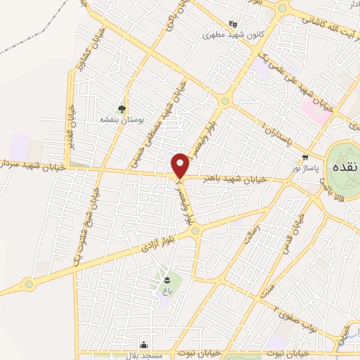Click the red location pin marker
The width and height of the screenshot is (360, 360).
(x=181, y=166)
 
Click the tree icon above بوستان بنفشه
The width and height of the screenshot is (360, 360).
(x=122, y=108)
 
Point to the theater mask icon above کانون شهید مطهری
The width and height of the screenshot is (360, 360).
(x=224, y=22)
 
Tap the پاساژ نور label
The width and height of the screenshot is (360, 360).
(x=304, y=169)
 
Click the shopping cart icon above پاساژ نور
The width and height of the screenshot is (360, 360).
(x=304, y=157)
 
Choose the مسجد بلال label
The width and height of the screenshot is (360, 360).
(x=144, y=355)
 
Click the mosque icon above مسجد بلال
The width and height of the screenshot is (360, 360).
(x=144, y=345)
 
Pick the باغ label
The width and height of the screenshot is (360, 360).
(x=167, y=289)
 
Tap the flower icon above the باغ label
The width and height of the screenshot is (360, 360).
(x=167, y=278)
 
